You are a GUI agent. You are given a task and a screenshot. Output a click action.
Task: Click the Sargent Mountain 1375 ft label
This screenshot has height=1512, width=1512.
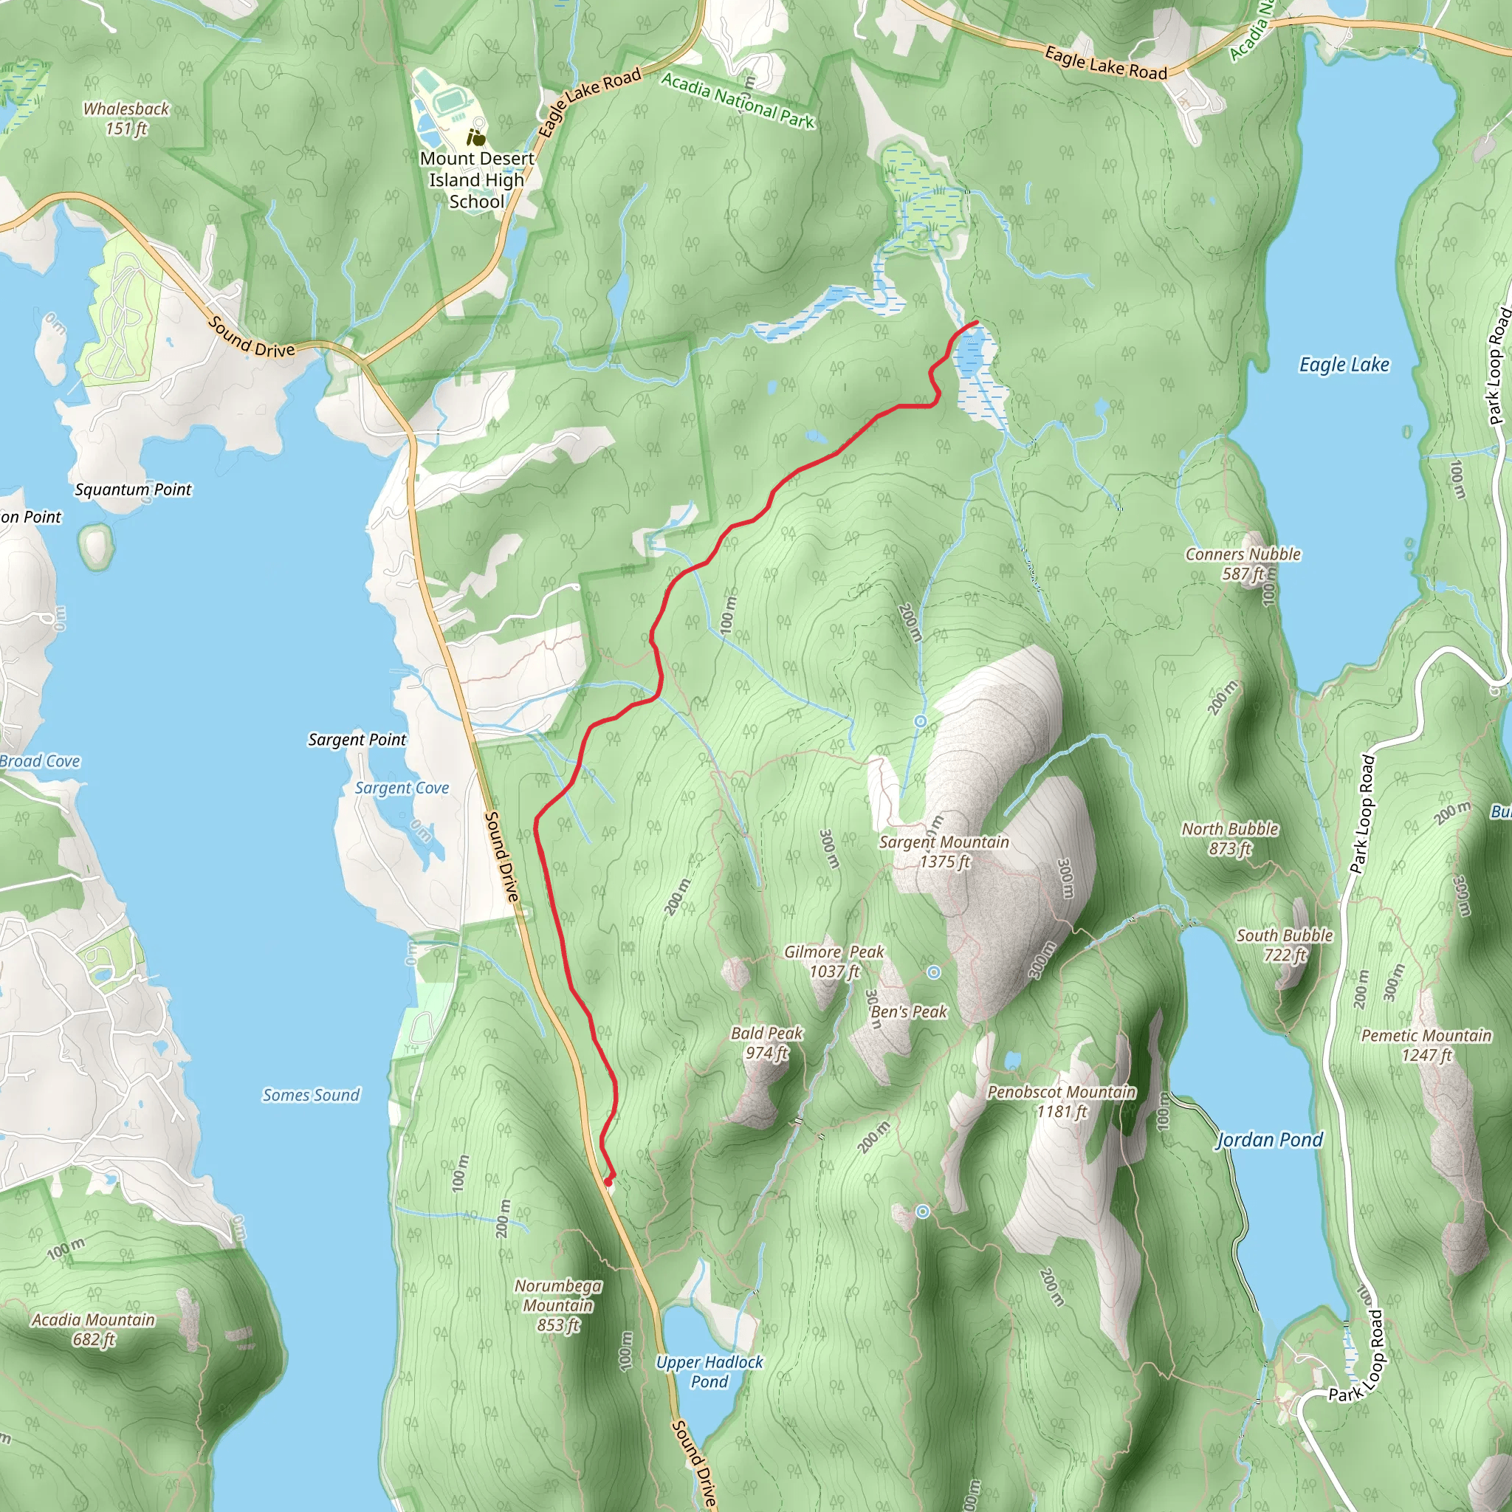click(944, 851)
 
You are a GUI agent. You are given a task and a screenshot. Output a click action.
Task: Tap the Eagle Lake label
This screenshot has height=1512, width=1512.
click(1344, 365)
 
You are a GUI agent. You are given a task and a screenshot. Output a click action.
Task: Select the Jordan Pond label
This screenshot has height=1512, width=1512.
click(1268, 1139)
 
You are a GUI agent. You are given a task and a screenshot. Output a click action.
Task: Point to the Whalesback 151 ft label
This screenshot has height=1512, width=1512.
click(126, 118)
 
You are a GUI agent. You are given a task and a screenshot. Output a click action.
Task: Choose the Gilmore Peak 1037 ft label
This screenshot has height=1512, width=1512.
click(834, 961)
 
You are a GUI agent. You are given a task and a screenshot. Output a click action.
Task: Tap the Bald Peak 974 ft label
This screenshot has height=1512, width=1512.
click(766, 1042)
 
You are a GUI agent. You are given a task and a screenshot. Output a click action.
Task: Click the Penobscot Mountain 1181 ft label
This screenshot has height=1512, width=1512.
click(1060, 1101)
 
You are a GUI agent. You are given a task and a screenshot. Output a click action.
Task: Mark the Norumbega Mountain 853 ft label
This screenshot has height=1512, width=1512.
click(558, 1305)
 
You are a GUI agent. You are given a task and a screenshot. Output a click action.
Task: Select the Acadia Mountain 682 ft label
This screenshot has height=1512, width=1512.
click(94, 1329)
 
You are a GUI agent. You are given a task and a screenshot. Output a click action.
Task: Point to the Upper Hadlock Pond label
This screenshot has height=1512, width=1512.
click(709, 1371)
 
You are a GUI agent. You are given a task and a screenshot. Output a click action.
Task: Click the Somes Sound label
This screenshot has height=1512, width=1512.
click(311, 1095)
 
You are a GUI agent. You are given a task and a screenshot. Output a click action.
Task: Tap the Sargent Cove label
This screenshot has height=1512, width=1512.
click(402, 788)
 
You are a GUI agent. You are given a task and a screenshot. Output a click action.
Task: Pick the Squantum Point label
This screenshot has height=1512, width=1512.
click(133, 490)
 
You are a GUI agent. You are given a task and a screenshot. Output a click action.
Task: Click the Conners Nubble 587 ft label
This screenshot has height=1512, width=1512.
click(1243, 563)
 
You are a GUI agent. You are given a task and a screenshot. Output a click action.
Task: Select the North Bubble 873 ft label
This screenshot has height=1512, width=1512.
click(1229, 838)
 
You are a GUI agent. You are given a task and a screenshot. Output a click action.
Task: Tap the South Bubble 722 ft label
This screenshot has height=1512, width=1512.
click(1285, 944)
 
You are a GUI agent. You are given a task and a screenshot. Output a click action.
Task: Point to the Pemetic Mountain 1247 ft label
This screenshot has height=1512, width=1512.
click(1426, 1045)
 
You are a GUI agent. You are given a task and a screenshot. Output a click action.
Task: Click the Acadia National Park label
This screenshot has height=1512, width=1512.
click(738, 101)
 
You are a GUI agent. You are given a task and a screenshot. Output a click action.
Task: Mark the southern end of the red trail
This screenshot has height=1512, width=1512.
click(609, 1181)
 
